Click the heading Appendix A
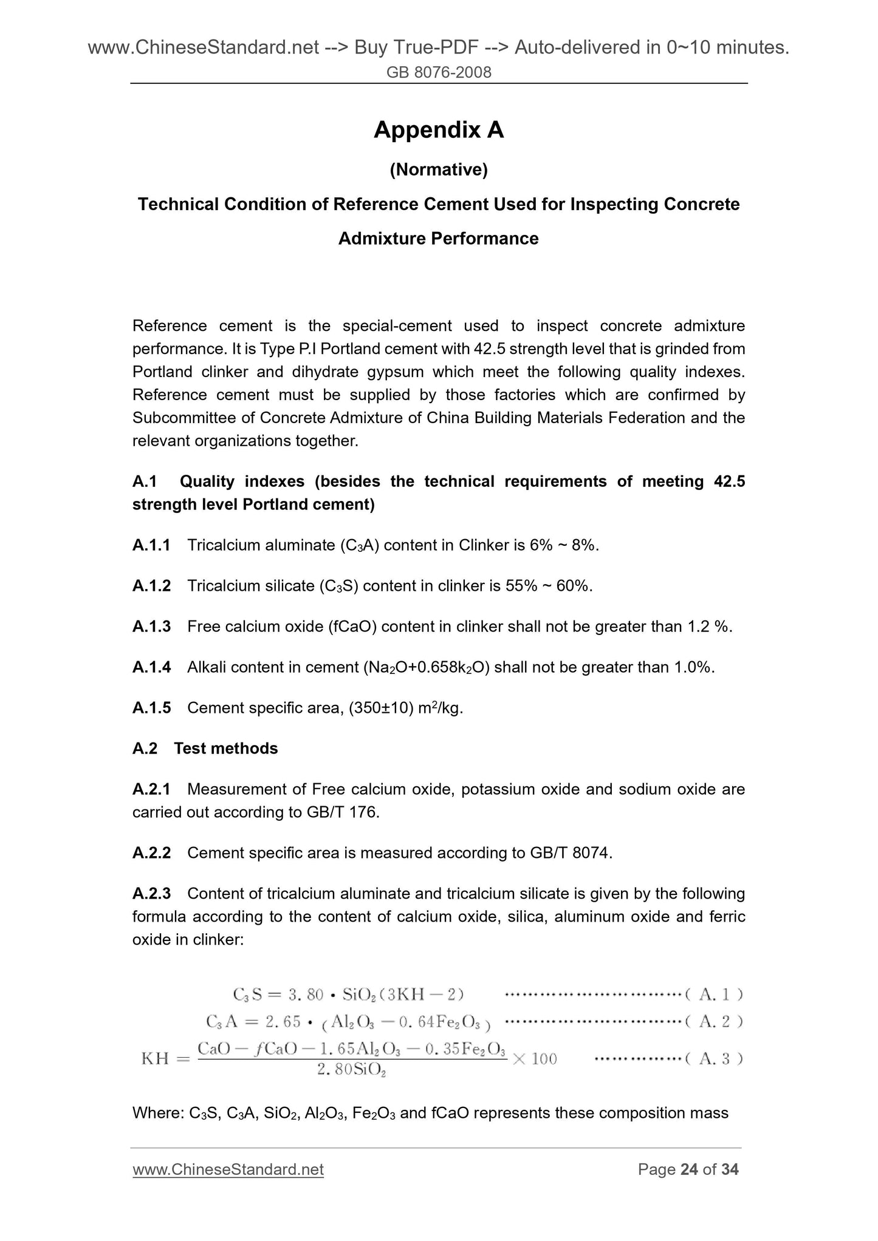coord(439,130)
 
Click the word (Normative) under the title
coord(439,170)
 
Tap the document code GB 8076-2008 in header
coord(439,73)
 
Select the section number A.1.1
coord(151,545)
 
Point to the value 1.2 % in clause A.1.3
coord(709,627)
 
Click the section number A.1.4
coord(151,667)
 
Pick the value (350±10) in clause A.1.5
coord(380,708)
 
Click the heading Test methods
coord(226,749)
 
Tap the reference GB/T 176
coord(343,812)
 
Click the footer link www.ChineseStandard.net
coord(228,1169)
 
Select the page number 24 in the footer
coord(689,1169)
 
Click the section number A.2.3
coord(151,894)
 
